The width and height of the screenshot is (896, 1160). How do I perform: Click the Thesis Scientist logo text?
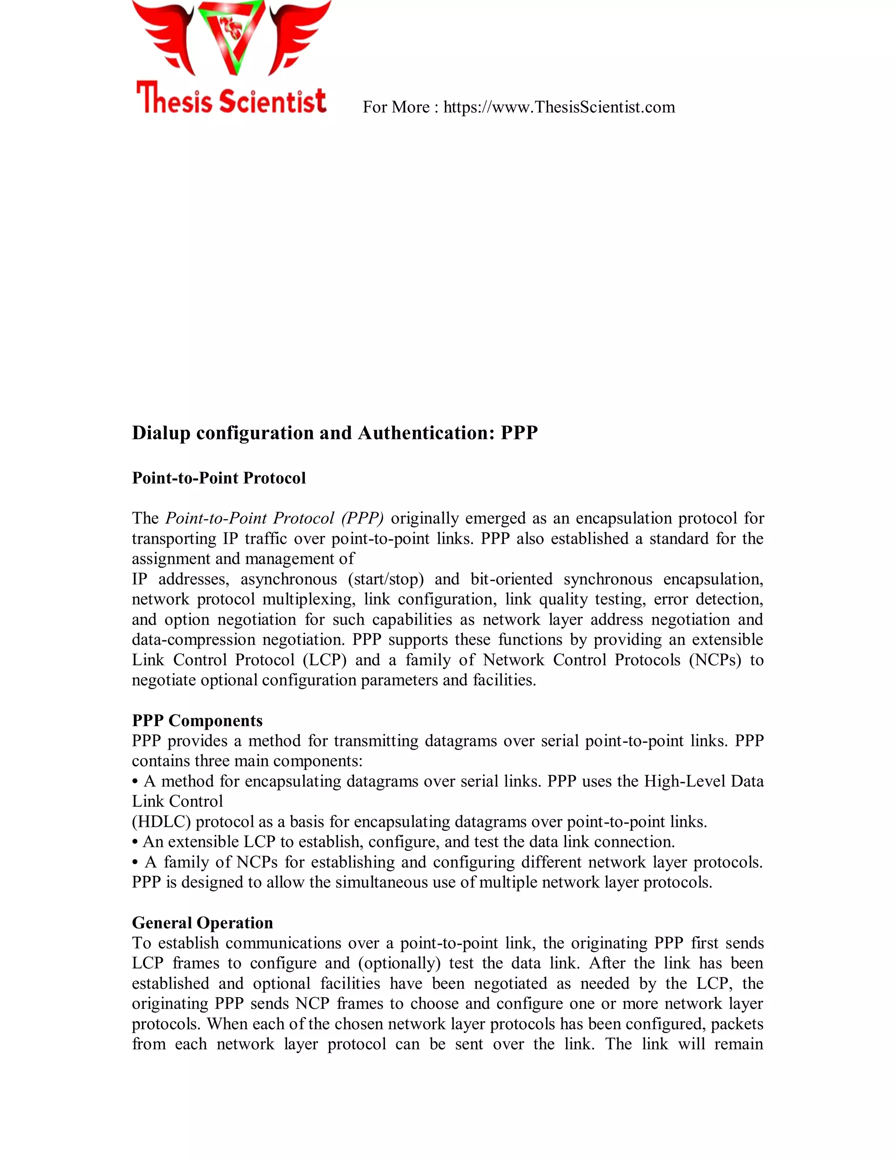pos(231,99)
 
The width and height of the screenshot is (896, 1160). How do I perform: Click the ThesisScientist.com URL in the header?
pos(559,107)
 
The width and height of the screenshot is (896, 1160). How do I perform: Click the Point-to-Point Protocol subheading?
pos(219,478)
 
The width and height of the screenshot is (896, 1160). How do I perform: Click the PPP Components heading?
pos(197,721)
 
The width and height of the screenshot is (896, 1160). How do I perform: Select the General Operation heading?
pos(202,923)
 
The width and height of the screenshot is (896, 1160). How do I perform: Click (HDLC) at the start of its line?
pos(161,822)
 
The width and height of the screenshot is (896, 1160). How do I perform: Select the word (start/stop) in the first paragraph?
pos(385,579)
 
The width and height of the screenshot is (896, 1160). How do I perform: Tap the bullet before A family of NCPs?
pos(136,863)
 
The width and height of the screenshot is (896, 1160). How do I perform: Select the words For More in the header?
pos(395,107)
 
